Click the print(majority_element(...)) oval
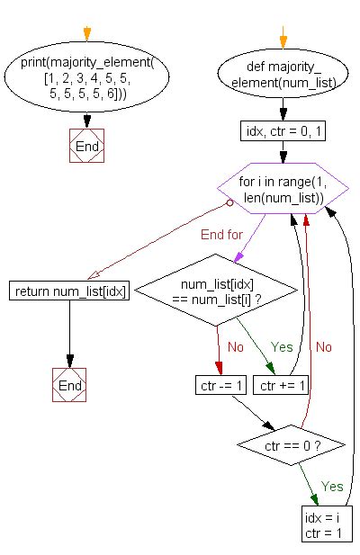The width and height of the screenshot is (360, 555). [86, 78]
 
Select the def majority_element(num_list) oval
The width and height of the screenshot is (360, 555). [283, 80]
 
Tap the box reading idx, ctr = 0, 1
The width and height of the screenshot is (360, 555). [283, 133]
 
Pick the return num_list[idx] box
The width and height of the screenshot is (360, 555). [69, 291]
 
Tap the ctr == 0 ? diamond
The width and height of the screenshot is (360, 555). [281, 443]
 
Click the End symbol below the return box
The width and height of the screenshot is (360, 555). [69, 385]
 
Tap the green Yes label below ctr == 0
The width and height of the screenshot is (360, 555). [332, 487]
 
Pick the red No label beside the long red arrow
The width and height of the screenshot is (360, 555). [324, 345]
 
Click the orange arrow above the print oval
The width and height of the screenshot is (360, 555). [86, 34]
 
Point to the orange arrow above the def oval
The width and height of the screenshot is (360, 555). [283, 39]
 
